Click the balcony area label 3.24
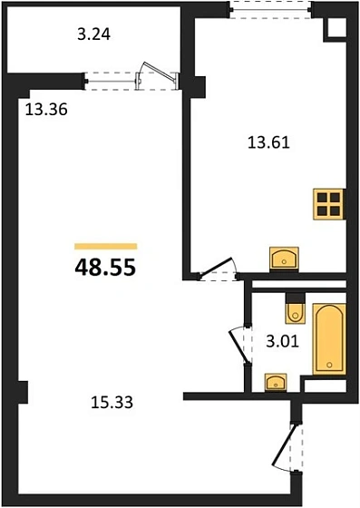95,37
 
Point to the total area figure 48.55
104,269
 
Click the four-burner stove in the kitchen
329,203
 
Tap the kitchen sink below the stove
286,259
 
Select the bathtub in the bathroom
330,339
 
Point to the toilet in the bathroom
294,311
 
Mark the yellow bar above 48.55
104,246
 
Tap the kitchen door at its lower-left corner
216,270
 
